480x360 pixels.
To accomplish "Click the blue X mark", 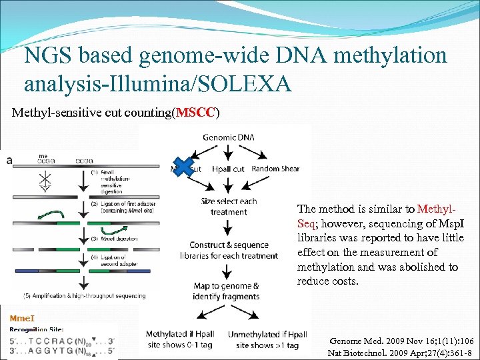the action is click(x=182, y=167).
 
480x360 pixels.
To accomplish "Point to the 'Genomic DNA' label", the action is click(x=228, y=137).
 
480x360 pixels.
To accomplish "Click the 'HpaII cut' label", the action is click(x=229, y=169).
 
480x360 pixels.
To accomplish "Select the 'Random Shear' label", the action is click(x=276, y=169).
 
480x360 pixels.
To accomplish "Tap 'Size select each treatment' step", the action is click(x=229, y=207).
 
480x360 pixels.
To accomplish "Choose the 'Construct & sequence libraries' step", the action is click(x=229, y=250).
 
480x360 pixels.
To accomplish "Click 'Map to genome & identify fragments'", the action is click(x=226, y=291).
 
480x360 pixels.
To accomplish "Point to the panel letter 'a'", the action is click(x=8, y=160).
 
